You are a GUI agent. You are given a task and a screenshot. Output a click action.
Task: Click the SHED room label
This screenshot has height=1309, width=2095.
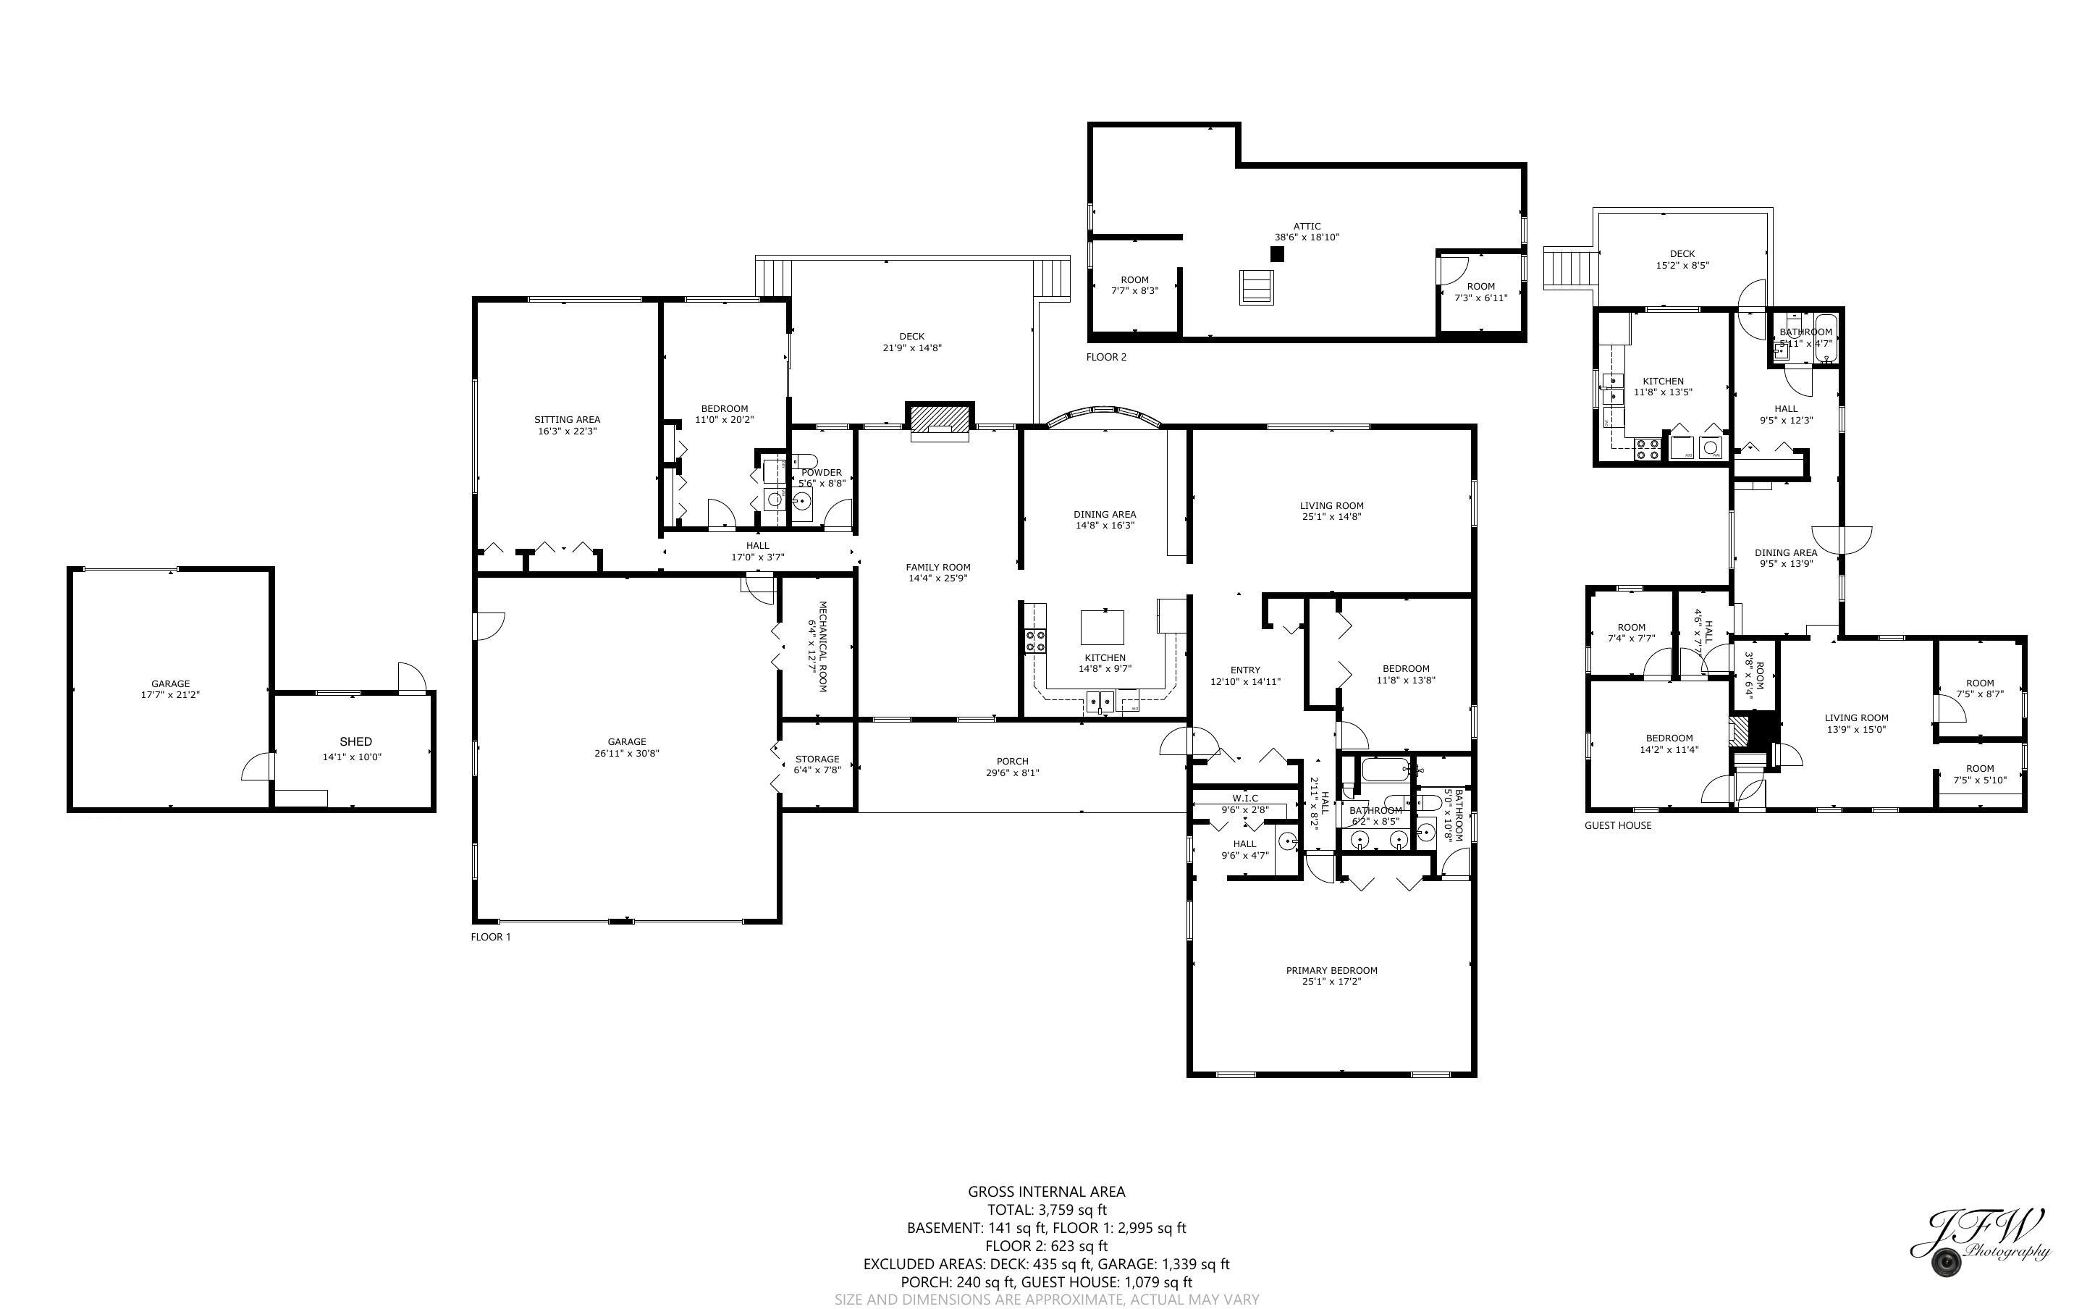click(355, 742)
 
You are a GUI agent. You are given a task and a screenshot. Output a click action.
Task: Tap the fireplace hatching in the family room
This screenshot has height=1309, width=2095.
click(939, 420)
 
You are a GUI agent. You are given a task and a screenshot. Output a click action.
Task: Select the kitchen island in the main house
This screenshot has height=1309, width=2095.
click(1103, 627)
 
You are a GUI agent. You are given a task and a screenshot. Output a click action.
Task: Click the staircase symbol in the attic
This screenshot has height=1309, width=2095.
click(1257, 287)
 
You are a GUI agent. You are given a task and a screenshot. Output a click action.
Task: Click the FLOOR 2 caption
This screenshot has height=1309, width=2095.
click(1106, 357)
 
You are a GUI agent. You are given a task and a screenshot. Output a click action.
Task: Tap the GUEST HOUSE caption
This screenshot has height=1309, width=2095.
click(1617, 825)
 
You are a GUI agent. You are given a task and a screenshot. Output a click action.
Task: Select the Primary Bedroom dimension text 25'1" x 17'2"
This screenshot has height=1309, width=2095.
click(1331, 982)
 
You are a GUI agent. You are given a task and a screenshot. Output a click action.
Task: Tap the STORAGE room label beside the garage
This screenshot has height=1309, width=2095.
click(817, 759)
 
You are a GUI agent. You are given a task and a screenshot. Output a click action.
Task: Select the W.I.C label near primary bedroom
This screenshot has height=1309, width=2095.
click(1245, 798)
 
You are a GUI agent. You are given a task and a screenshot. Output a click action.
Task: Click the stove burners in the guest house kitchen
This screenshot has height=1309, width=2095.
click(1648, 448)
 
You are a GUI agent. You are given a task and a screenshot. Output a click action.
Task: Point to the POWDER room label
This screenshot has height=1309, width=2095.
click(821, 473)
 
